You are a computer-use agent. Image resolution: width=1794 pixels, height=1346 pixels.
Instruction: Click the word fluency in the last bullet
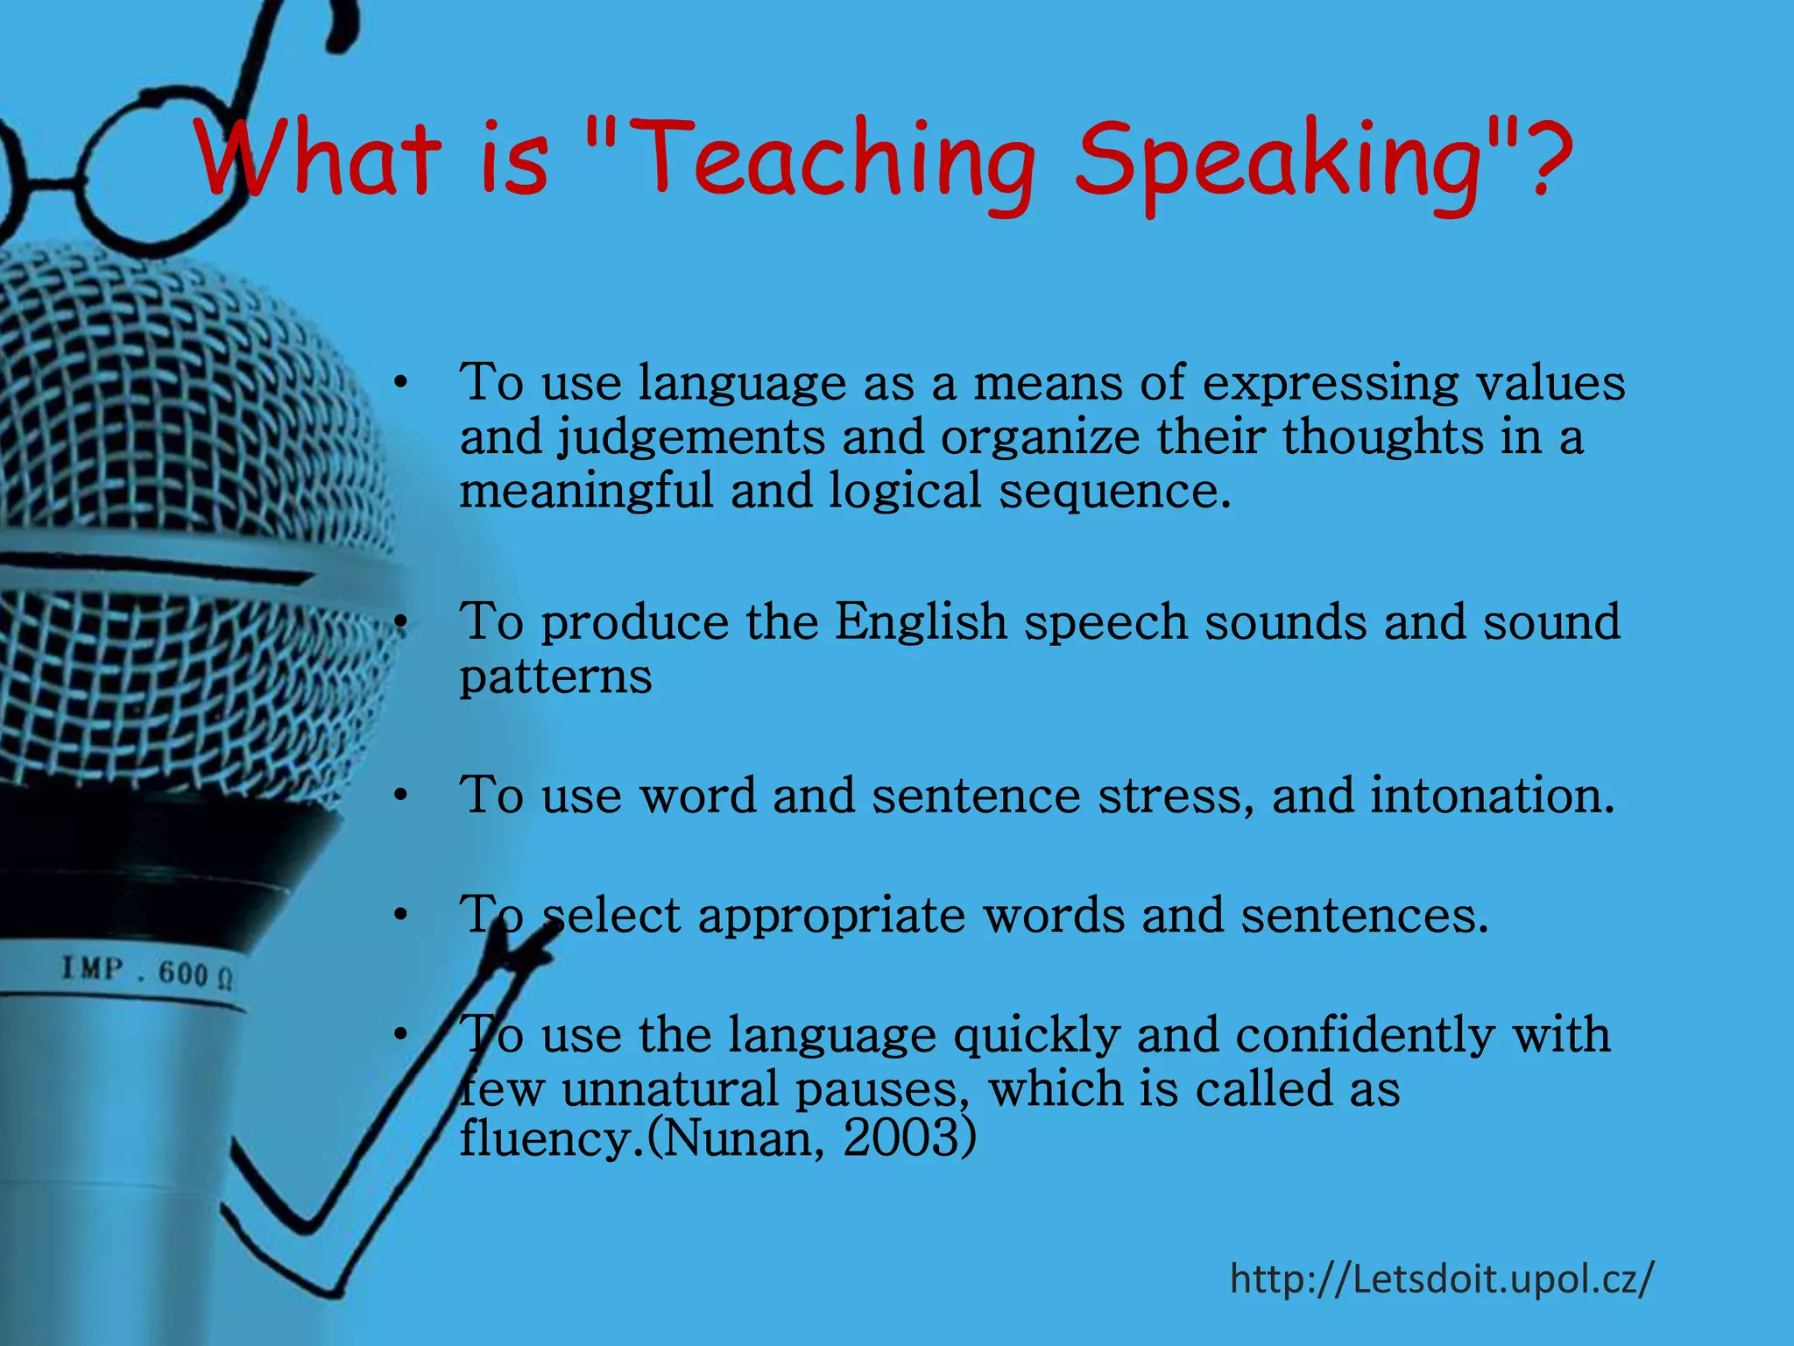click(547, 1138)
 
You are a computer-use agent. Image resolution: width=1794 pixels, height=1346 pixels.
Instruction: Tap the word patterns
click(555, 677)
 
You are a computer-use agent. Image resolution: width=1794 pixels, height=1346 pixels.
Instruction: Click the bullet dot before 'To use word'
click(400, 796)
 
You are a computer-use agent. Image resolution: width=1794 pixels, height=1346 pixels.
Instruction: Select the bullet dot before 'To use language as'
click(400, 384)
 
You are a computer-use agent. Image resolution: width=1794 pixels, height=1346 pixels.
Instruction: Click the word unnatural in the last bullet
click(670, 1089)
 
